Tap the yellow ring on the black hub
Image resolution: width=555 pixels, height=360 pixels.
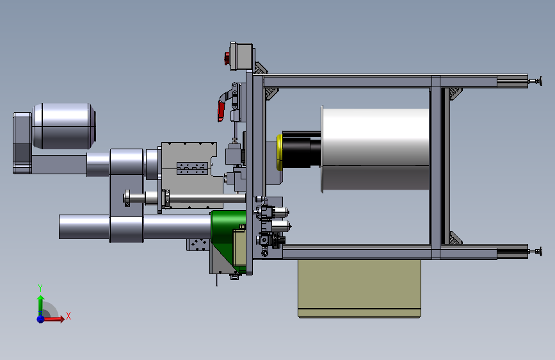click(279, 152)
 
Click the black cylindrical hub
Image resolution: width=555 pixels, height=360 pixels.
click(302, 149)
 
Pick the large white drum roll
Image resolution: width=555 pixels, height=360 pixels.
click(375, 149)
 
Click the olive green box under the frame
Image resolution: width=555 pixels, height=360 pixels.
click(359, 288)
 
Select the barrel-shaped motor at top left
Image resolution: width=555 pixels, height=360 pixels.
click(64, 126)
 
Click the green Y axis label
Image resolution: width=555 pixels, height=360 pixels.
click(40, 288)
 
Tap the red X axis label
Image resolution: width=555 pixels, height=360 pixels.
click(68, 316)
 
